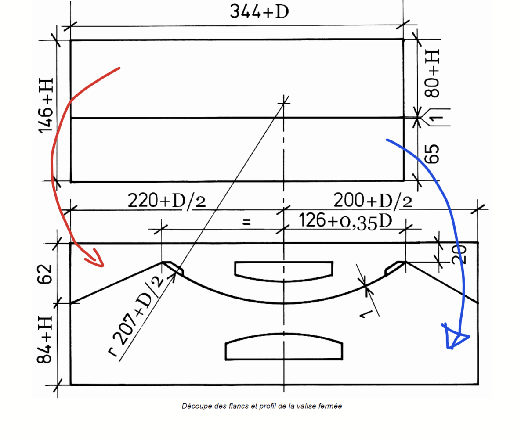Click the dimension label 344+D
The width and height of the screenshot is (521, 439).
point(259,11)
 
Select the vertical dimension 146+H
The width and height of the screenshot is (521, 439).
point(46,106)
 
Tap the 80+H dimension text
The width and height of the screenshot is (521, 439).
point(433,73)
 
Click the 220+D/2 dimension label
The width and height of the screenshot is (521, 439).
point(167,201)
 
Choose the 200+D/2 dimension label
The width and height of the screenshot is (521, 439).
point(373,201)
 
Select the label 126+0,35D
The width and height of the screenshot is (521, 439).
point(345,222)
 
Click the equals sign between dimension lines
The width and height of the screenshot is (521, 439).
point(246,222)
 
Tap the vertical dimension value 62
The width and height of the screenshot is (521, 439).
point(45,274)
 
